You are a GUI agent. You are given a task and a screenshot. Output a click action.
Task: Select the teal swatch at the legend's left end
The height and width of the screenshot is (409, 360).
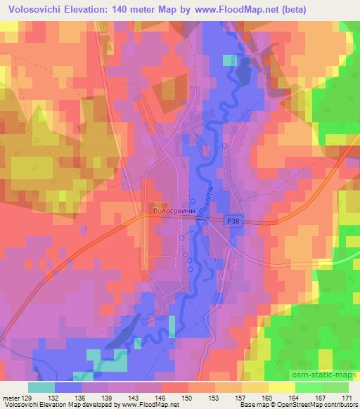(41, 387)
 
